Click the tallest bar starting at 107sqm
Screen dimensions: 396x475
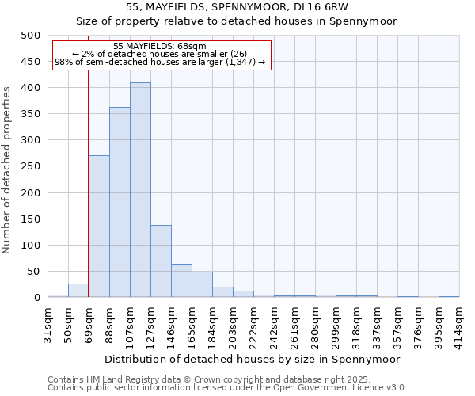point(140,190)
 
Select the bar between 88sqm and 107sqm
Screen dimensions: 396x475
point(120,202)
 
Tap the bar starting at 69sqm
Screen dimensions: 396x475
point(99,227)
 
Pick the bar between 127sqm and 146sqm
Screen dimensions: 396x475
point(161,261)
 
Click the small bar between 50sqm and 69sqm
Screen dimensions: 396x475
point(78,291)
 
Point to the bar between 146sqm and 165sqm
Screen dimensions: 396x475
point(181,281)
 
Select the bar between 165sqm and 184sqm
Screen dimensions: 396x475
point(202,285)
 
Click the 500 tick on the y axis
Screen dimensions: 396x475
point(31,36)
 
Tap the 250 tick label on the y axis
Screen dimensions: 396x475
point(31,166)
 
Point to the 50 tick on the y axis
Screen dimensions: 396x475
point(34,272)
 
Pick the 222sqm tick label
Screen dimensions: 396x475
point(253,322)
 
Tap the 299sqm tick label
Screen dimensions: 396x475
point(336,322)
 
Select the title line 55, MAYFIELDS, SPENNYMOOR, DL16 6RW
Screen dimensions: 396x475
point(237,7)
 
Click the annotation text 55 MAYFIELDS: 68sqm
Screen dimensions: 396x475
point(160,46)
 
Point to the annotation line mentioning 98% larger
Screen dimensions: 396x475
point(160,63)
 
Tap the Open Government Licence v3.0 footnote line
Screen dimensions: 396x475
point(226,387)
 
